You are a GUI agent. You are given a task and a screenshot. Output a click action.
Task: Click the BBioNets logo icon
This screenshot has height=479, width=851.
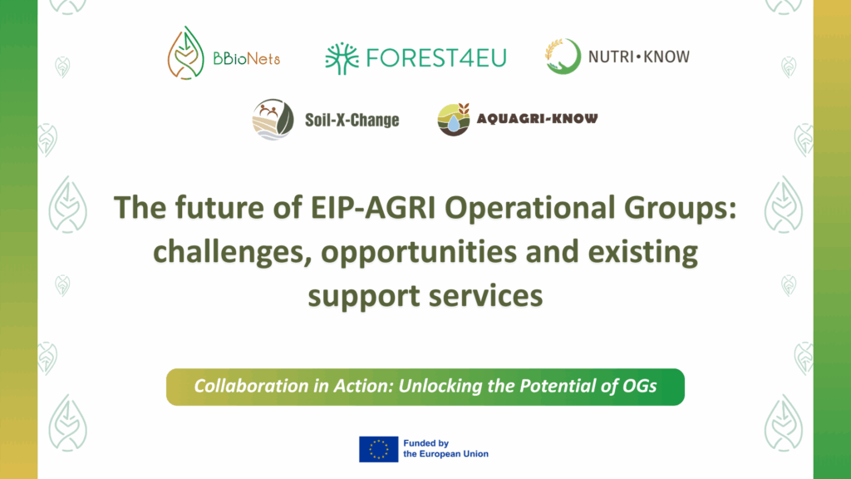tap(186, 56)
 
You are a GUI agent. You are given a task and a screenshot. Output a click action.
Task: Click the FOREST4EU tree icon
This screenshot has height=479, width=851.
tap(342, 57)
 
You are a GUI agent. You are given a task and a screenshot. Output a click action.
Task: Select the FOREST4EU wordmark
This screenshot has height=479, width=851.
tap(435, 57)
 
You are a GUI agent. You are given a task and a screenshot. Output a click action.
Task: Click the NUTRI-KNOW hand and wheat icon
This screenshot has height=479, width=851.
tap(562, 57)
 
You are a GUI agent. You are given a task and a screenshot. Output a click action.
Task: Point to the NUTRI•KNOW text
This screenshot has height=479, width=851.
tap(638, 57)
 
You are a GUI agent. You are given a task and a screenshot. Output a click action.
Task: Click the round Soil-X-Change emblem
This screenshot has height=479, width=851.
tap(273, 120)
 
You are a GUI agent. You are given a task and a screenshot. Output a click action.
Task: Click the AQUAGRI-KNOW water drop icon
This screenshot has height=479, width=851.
tap(454, 120)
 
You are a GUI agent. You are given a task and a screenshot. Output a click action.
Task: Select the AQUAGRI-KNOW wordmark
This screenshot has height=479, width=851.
tap(537, 119)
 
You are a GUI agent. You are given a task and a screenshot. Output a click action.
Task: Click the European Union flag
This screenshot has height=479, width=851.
tap(378, 449)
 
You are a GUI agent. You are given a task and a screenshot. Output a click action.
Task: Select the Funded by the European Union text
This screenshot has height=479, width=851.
tap(445, 449)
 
